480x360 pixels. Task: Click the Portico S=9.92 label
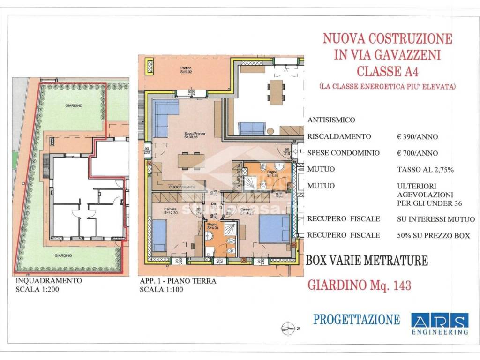(187, 71)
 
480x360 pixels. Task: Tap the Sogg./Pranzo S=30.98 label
(191, 135)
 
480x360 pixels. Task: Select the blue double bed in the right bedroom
(274, 229)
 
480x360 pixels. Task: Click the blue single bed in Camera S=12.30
(160, 234)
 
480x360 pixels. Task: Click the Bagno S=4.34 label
(212, 227)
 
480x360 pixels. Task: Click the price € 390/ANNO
(417, 137)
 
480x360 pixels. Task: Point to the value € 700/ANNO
(417, 153)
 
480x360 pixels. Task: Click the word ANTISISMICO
(331, 120)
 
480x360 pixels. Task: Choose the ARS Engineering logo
(440, 324)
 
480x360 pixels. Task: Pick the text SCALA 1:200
(36, 289)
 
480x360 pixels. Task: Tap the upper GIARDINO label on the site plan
(74, 106)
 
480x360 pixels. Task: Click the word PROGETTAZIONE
(356, 320)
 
